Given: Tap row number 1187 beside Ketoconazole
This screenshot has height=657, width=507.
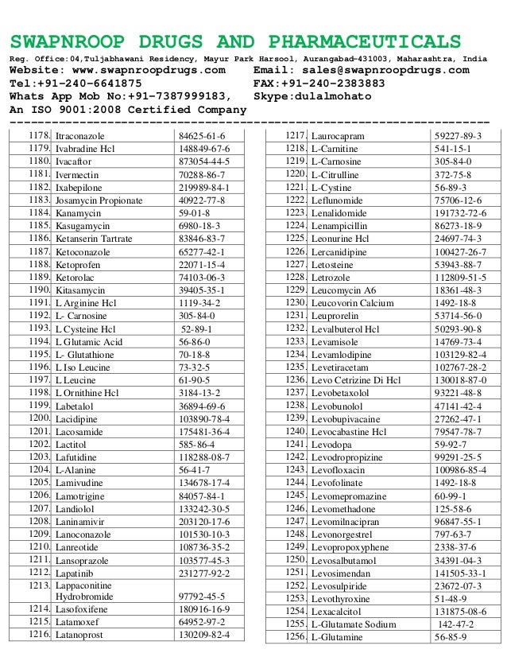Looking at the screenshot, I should click(39, 251).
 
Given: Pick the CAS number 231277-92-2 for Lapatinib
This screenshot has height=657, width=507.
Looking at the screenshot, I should click(204, 571).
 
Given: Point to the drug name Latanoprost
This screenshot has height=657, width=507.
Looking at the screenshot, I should click(83, 635).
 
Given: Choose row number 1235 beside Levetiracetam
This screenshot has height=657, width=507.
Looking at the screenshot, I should click(296, 367).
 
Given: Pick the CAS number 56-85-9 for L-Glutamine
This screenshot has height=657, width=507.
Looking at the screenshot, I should click(451, 637).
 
